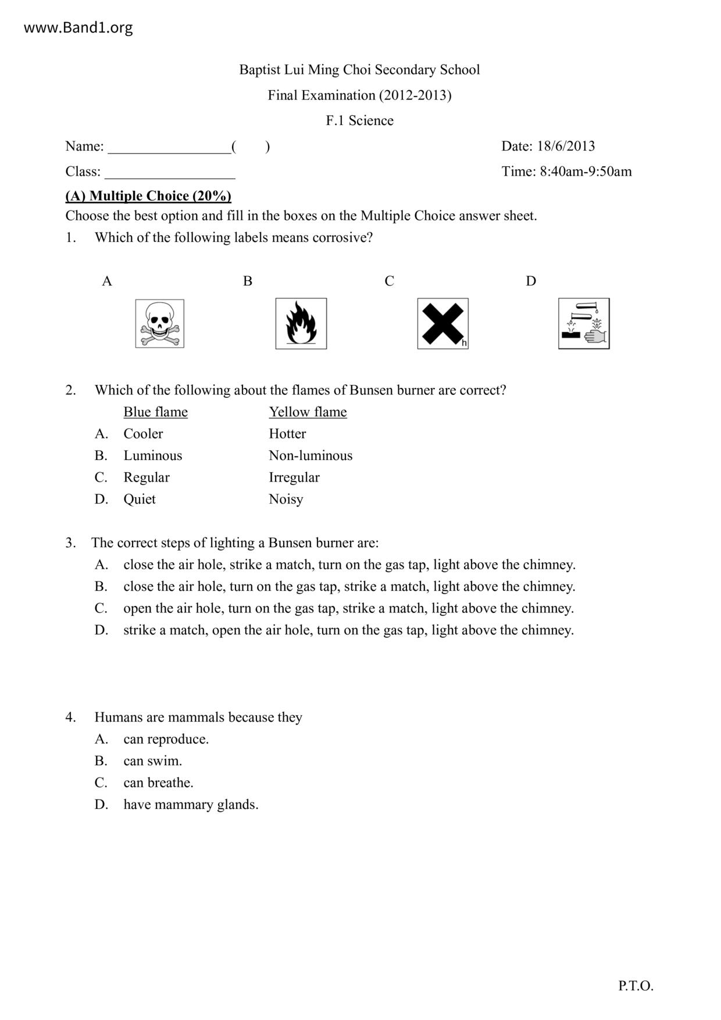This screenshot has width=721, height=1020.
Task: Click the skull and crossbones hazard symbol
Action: tap(160, 324)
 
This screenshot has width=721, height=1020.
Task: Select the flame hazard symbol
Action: tap(301, 324)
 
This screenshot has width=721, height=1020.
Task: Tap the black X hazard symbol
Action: tap(443, 324)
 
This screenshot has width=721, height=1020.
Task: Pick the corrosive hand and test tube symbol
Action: tap(584, 324)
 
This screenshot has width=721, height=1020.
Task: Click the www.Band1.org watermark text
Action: tap(78, 28)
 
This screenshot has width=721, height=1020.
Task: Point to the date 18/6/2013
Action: tap(565, 146)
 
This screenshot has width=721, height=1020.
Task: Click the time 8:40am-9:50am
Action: tap(586, 172)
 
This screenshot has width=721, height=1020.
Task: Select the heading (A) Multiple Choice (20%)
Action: tap(148, 196)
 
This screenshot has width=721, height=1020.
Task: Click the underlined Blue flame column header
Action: tap(155, 412)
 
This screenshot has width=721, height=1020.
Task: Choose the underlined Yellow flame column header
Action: tap(308, 412)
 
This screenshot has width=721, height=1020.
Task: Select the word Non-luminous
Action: tap(310, 455)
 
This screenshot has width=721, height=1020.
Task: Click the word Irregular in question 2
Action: tap(294, 477)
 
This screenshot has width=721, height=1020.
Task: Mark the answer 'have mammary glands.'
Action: tap(191, 804)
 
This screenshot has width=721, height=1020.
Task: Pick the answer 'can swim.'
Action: tap(152, 761)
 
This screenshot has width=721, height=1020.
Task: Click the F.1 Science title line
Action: tap(359, 120)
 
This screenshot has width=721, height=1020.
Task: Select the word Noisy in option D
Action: tap(285, 499)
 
